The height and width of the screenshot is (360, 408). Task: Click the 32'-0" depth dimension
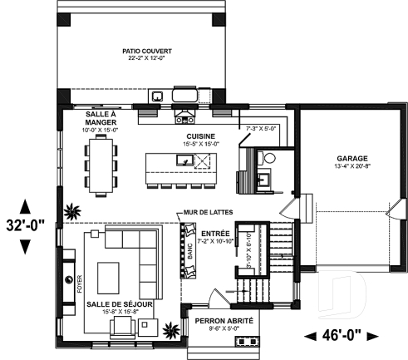pyautogui.click(x=26, y=224)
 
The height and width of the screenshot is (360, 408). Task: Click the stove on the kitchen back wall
pyautogui.click(x=184, y=96)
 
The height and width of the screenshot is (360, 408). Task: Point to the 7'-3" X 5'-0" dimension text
pyautogui.click(x=260, y=129)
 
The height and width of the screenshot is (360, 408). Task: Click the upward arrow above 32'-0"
pyautogui.click(x=26, y=205)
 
